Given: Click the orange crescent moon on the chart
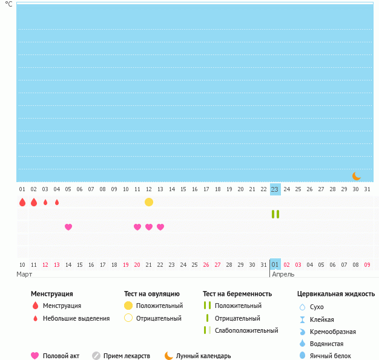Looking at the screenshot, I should [x=357, y=176].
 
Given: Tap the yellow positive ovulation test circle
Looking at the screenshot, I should [x=149, y=202].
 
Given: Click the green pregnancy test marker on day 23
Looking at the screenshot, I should [x=275, y=214].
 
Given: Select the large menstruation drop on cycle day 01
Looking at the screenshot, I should [x=22, y=202].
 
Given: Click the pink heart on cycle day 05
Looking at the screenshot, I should [x=68, y=227].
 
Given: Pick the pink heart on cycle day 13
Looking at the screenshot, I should [x=160, y=227].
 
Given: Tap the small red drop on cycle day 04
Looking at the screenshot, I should [x=57, y=202].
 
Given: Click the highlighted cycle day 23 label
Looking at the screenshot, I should [x=275, y=189].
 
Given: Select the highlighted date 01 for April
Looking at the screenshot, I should [x=275, y=264].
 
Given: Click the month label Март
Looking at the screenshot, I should [x=25, y=274].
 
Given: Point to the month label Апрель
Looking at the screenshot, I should [x=283, y=274].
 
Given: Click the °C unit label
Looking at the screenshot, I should [x=8, y=4].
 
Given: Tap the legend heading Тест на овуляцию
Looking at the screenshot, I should [x=152, y=294].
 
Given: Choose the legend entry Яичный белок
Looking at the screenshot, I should [x=330, y=356].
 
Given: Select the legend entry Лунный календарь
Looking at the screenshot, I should [x=203, y=356].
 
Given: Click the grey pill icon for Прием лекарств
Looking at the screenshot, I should [x=96, y=356].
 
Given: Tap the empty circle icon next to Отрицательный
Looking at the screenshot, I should [x=128, y=318].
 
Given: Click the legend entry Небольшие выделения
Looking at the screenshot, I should [x=76, y=318].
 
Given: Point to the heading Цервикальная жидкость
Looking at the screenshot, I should [x=336, y=294].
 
